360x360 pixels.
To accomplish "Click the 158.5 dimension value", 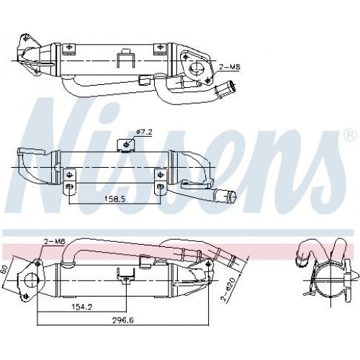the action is click(114, 199).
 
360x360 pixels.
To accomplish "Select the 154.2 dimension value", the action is click(81, 307).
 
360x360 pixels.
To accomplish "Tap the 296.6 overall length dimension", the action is click(122, 320).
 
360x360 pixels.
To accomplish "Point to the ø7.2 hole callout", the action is click(144, 132).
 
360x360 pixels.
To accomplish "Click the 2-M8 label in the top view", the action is click(230, 67).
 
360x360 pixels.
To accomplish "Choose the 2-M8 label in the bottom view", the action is click(55, 242).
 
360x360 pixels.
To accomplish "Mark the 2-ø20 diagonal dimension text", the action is click(228, 289).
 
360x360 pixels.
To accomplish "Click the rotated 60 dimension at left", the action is click(4, 270).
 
